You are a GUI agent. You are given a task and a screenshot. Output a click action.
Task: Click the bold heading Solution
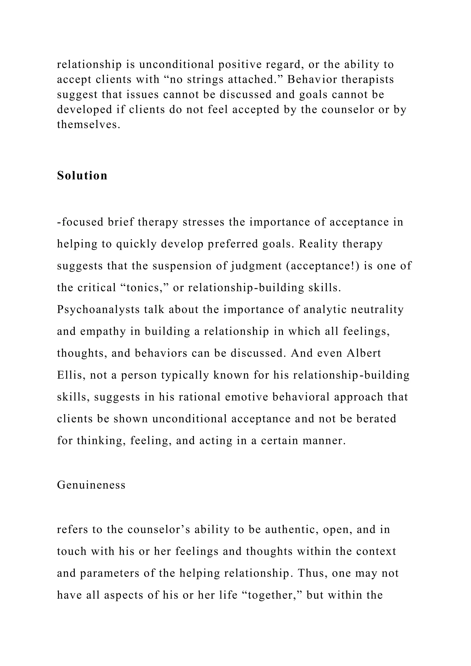[82, 175]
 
